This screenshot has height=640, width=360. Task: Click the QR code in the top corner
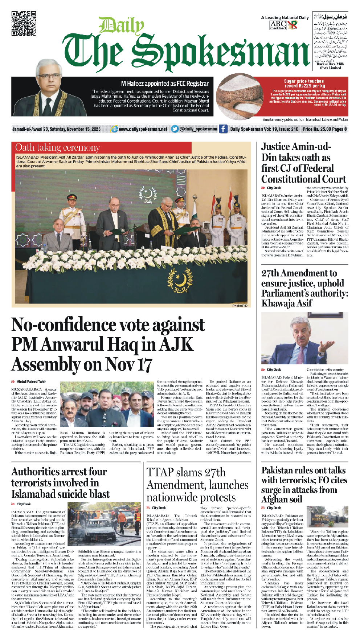[x=24, y=24]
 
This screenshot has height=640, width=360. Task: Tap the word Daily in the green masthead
[x=121, y=26]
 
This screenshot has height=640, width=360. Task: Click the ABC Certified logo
[x=278, y=25]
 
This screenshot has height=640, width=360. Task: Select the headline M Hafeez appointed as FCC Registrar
[x=165, y=84]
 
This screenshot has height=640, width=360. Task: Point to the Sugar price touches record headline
[x=304, y=83]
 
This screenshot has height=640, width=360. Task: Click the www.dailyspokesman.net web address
[x=143, y=129]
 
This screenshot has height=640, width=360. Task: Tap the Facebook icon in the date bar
[x=223, y=129]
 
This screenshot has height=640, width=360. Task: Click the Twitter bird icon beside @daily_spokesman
[x=175, y=129]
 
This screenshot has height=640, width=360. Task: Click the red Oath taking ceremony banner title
[x=58, y=147]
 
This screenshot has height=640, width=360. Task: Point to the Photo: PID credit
[x=240, y=306]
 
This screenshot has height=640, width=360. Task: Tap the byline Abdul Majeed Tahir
[x=31, y=382]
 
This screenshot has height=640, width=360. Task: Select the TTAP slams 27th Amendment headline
[x=197, y=485]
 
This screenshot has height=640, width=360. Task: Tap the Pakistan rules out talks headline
[x=304, y=485]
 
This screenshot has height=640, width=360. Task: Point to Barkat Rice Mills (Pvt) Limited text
[x=330, y=66]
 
